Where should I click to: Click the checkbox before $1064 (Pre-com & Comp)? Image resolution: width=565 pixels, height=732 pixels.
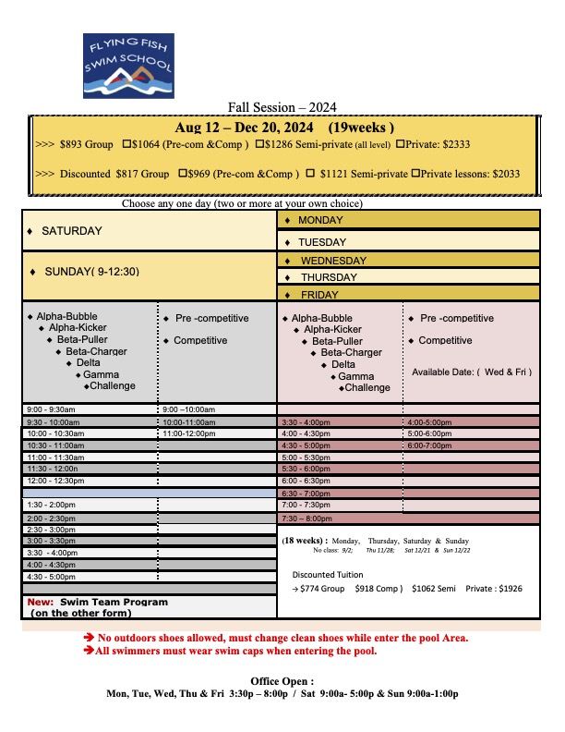pyautogui.click(x=126, y=144)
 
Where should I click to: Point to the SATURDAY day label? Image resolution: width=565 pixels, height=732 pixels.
pyautogui.click(x=72, y=230)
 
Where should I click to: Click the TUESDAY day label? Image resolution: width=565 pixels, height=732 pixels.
pyautogui.click(x=321, y=241)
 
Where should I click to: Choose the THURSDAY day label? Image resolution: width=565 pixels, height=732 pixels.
pyautogui.click(x=328, y=277)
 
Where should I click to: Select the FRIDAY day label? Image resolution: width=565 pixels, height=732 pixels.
pyautogui.click(x=319, y=295)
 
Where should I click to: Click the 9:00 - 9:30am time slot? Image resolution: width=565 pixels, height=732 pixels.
pyautogui.click(x=52, y=409)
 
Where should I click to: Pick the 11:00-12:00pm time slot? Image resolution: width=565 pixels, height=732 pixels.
pyautogui.click(x=188, y=433)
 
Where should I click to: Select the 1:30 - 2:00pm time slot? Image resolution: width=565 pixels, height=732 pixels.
pyautogui.click(x=52, y=504)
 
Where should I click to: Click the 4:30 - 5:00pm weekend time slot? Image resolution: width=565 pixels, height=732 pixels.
pyautogui.click(x=52, y=576)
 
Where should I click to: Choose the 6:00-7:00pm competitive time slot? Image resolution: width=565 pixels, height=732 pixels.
pyautogui.click(x=430, y=445)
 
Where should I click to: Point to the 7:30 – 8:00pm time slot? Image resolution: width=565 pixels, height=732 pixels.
pyautogui.click(x=306, y=518)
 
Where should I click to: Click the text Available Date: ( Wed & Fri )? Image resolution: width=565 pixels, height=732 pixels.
pyautogui.click(x=471, y=372)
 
